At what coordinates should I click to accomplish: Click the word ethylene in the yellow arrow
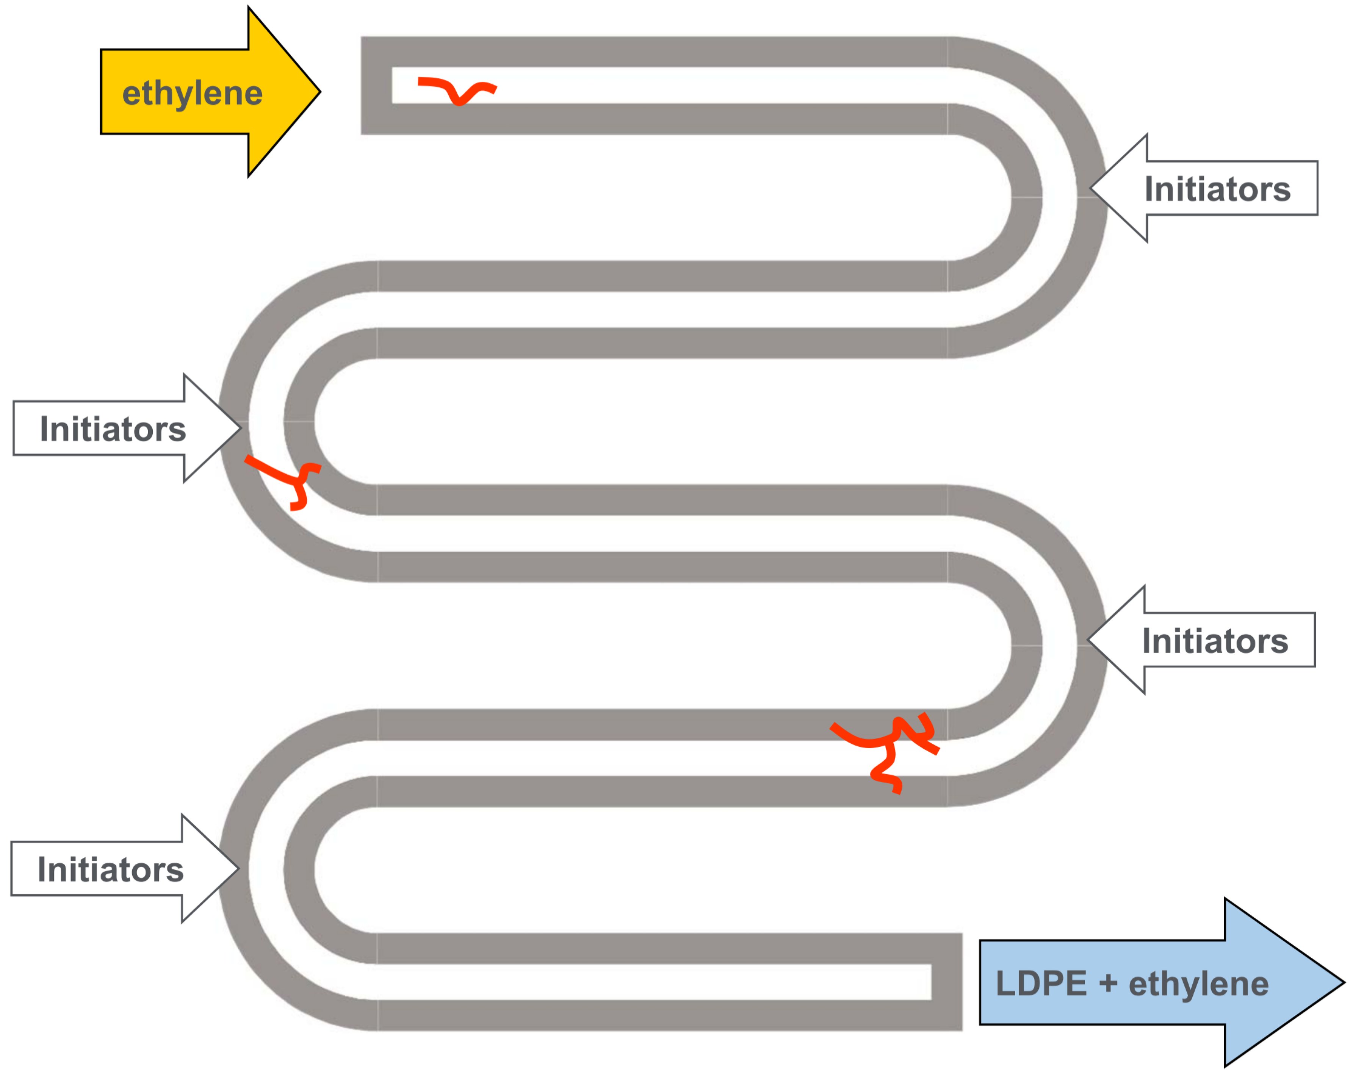pyautogui.click(x=192, y=94)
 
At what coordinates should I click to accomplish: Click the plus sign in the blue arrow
pyautogui.click(x=1108, y=982)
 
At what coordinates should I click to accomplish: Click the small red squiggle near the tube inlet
pyautogui.click(x=457, y=90)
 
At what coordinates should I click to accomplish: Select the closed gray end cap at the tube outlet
pyautogui.click(x=946, y=982)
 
